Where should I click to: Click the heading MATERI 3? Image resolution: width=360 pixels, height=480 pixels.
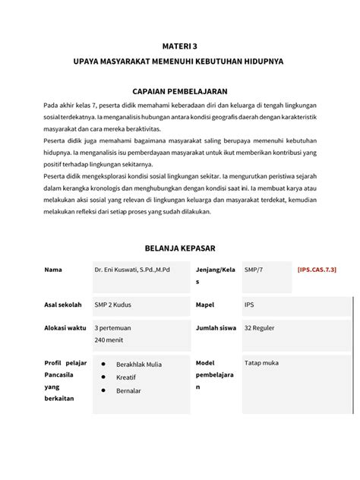(179, 46)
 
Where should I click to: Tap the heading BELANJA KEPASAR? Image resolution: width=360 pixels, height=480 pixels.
(179, 247)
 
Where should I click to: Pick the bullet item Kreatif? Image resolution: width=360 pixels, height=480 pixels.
(126, 377)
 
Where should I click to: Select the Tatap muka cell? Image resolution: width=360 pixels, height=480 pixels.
(261, 361)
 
